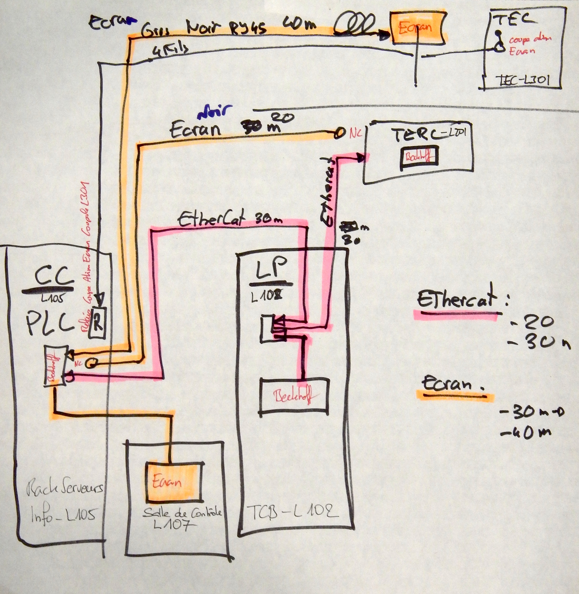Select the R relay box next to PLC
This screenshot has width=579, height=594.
point(97,325)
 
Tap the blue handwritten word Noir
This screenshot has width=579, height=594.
point(215,112)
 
